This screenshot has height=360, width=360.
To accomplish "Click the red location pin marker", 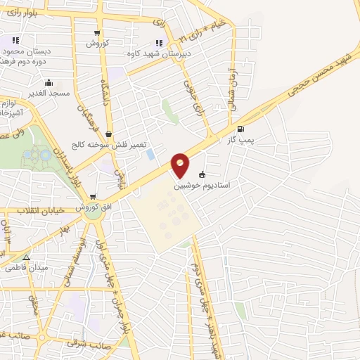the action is click(181, 166).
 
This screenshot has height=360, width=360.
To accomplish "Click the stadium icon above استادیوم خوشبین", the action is click(203, 175).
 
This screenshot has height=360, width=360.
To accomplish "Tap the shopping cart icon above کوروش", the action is click(97, 33).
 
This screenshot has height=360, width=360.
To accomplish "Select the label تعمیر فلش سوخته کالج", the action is click(107, 146).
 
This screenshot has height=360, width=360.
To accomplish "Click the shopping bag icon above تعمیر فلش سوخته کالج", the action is click(108, 134).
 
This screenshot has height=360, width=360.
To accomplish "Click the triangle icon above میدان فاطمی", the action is click(26, 257).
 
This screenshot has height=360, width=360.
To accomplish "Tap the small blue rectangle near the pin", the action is click(150, 154).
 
